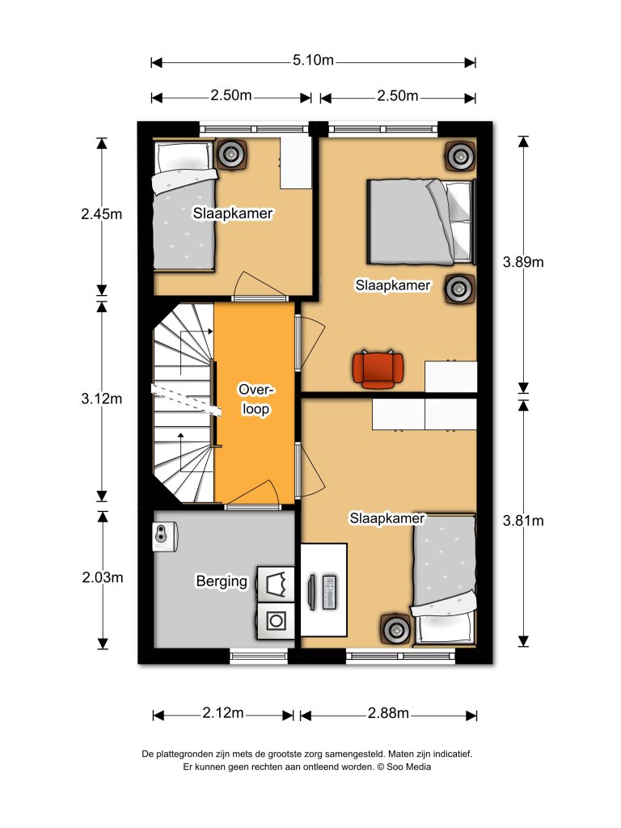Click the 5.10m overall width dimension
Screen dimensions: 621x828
(313, 60)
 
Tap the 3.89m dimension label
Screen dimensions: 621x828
(523, 262)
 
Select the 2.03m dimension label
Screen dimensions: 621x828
(103, 577)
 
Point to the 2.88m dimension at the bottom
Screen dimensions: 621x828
(388, 713)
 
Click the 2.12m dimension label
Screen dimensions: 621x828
(223, 713)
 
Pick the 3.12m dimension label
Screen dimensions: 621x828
(101, 399)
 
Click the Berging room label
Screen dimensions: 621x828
(222, 581)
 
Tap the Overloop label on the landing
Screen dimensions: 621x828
(256, 399)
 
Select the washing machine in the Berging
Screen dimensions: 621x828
(275, 621)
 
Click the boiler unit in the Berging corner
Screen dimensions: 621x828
(165, 537)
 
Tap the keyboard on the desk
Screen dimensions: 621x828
(328, 593)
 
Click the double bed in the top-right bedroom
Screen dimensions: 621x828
(421, 222)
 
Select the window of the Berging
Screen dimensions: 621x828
(259, 657)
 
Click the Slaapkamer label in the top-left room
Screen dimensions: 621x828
(233, 213)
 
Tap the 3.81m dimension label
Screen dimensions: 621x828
(523, 521)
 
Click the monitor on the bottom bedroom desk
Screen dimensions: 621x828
(312, 593)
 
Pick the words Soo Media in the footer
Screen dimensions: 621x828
(408, 767)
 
